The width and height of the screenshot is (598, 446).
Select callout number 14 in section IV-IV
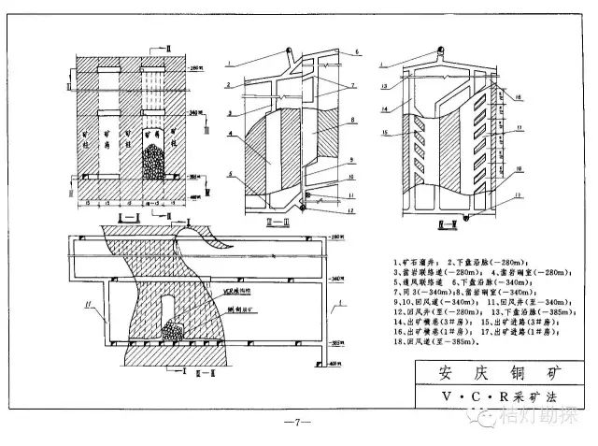click(x=384, y=108)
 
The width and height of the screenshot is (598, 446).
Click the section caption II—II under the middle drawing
click(x=288, y=222)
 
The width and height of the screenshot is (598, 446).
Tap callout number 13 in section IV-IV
click(x=384, y=85)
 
